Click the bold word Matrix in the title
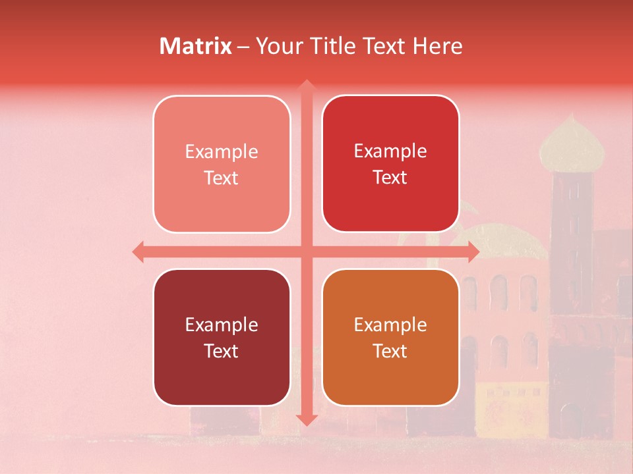click(196, 46)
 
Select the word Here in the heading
click(438, 46)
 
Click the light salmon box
click(222, 164)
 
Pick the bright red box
click(390, 163)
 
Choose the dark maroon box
click(222, 337)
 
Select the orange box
click(390, 337)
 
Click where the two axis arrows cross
click(305, 251)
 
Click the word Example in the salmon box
click(222, 152)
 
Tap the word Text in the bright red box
click(390, 177)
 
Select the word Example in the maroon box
click(222, 325)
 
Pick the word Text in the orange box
click(390, 351)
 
